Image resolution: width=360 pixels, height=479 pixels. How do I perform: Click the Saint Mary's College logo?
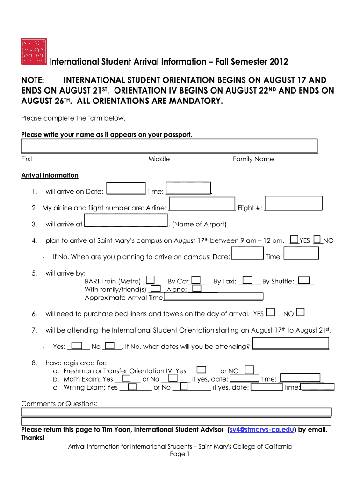tap(34, 50)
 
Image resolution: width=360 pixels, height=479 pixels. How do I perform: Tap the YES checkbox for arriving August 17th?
tap(295, 239)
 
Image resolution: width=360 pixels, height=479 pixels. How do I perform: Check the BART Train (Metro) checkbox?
tap(151, 280)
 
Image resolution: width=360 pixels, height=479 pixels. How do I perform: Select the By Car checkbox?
tap(196, 280)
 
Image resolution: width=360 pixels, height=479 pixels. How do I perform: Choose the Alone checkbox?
tap(197, 289)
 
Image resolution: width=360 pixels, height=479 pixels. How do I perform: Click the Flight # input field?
tap(293, 203)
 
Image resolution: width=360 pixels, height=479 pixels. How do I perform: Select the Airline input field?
tap(202, 204)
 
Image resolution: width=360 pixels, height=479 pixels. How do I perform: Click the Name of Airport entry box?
tap(125, 220)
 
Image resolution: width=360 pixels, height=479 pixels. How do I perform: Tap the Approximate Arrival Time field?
tap(213, 297)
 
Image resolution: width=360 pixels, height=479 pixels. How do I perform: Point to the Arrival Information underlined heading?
tap(50, 175)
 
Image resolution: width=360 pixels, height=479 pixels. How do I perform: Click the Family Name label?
tap(253, 159)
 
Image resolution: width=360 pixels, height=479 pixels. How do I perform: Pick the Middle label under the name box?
tap(159, 159)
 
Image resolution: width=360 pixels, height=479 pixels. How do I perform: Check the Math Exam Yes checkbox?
tap(126, 377)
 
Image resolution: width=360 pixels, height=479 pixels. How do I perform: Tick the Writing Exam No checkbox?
tap(184, 386)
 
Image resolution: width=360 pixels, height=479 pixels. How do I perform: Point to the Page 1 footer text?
tap(180, 454)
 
